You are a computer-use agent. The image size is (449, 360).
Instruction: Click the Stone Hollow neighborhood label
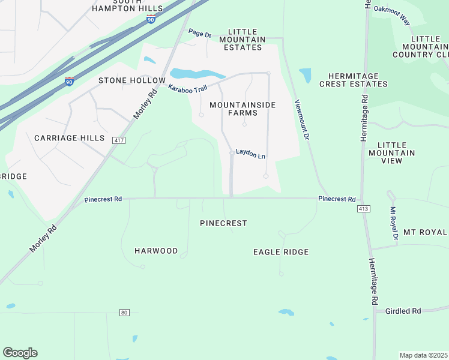tap(131, 80)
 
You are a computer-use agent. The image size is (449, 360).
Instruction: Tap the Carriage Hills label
tap(69, 138)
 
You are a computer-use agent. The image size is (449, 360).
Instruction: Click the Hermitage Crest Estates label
tap(354, 80)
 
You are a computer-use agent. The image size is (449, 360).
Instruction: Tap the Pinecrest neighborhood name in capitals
tap(223, 223)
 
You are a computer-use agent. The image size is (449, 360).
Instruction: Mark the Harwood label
tap(156, 251)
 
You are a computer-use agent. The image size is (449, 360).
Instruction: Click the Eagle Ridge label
tap(281, 253)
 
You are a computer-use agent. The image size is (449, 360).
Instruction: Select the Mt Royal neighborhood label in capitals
tap(425, 232)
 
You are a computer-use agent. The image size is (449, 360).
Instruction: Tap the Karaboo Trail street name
tap(187, 89)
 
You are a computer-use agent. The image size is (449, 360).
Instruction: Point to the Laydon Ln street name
tap(250, 154)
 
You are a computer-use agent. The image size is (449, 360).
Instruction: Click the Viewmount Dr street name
tap(301, 119)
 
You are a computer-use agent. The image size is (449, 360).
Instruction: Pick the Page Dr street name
tap(199, 33)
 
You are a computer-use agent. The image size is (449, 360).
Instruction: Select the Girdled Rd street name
tap(403, 311)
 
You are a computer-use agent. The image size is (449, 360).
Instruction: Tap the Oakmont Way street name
tap(391, 15)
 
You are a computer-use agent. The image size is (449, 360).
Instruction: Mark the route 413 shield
tap(364, 209)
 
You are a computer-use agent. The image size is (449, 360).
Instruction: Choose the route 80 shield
tap(124, 313)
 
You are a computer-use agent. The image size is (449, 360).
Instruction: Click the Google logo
tap(20, 353)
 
